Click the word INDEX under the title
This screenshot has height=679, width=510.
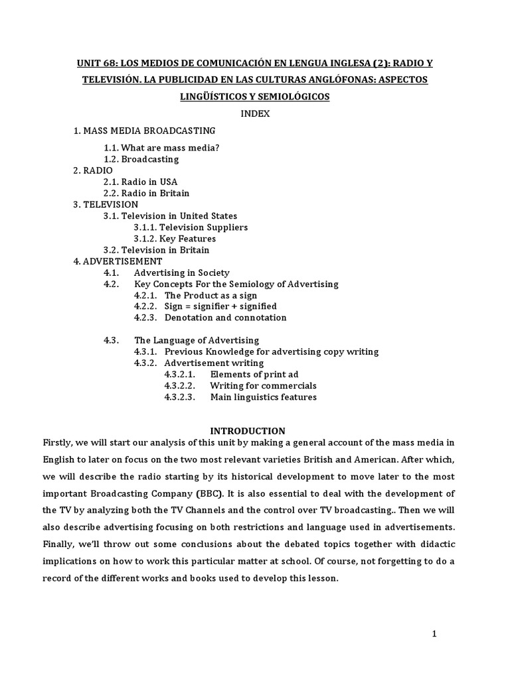coord(255,113)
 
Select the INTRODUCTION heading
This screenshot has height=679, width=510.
coord(248,430)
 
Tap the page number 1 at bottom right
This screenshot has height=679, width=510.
coord(434,633)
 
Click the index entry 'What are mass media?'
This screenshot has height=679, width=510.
coord(161,147)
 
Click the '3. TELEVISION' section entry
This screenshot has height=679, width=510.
coord(106,204)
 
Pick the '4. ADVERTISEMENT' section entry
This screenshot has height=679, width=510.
coord(118,261)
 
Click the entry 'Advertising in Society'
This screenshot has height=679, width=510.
coord(181,273)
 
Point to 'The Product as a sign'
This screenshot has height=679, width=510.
coord(211,295)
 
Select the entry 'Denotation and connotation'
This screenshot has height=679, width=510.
coord(225,318)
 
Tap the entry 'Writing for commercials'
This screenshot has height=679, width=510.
coord(263,385)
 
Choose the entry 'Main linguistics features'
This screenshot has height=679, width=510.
coord(263,397)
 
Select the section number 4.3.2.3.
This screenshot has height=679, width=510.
coord(179,397)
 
